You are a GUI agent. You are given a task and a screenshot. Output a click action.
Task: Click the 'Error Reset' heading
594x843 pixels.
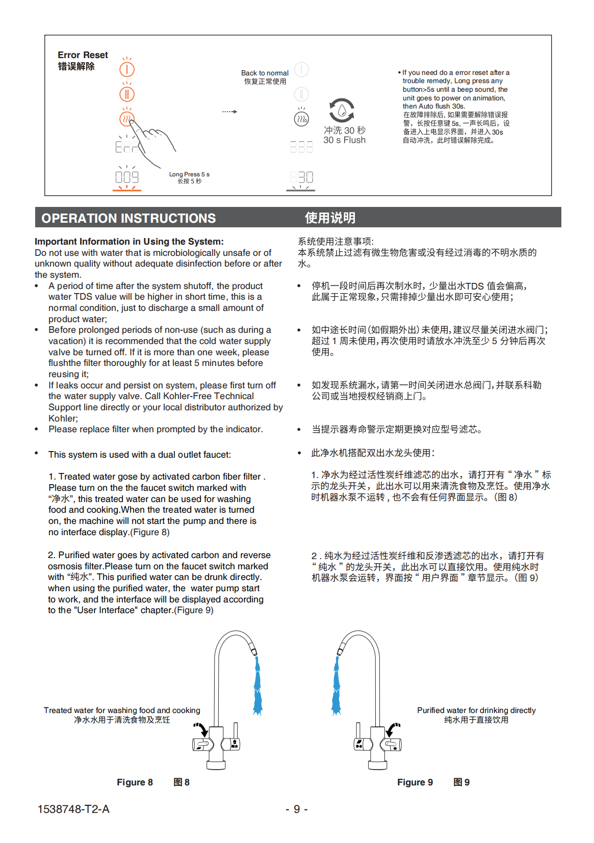pos(83,55)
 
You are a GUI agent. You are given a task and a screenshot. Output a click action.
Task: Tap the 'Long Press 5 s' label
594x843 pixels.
pos(189,174)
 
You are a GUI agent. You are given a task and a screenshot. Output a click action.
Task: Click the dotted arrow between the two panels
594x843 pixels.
pos(229,112)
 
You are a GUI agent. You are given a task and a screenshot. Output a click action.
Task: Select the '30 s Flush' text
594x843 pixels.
pos(344,140)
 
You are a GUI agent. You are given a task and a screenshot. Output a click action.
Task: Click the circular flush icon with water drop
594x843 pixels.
pos(342,110)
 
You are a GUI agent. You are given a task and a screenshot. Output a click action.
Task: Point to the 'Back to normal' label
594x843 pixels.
pos(265,73)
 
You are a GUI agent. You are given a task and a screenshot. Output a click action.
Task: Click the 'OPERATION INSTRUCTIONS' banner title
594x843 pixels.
pos(128,218)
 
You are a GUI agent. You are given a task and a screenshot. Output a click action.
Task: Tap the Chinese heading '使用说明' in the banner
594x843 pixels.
pos(330,218)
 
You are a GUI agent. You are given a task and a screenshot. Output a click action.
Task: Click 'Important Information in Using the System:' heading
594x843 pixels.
pos(129,242)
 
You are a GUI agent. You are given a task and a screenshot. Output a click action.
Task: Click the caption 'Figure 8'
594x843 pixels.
pos(135,782)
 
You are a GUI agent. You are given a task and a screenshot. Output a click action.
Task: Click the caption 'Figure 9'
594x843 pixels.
pos(415,782)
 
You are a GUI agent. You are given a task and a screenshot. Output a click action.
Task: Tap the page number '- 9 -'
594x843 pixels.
pos(296,809)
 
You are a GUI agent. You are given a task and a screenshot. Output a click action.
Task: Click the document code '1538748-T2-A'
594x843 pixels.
pos(73,809)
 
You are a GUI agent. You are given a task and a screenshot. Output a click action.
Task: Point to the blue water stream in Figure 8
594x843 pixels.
pos(258,686)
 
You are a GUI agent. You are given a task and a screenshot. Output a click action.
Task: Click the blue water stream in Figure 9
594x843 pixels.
pos(337,686)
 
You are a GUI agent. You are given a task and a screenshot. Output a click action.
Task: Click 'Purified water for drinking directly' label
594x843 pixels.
pos(476,710)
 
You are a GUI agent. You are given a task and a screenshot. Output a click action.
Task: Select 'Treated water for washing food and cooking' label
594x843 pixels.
pos(122,710)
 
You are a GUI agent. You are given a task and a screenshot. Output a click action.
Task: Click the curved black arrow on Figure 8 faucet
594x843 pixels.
pos(201,729)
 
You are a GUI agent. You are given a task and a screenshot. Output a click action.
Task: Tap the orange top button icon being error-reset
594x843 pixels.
pos(127,69)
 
